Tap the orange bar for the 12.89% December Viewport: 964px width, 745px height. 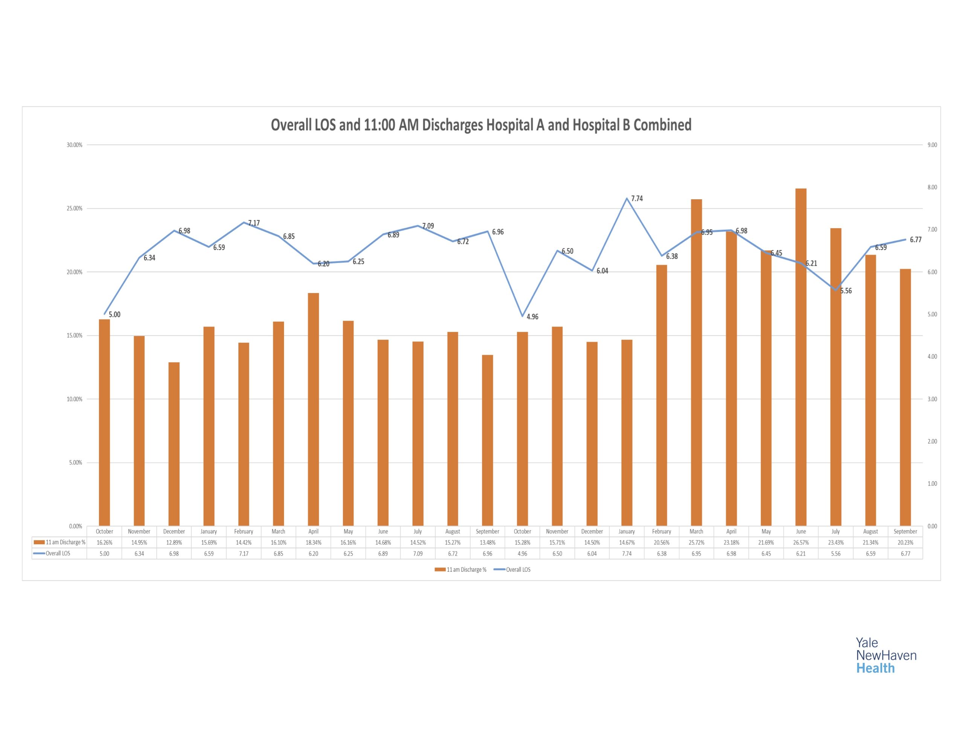[x=174, y=443]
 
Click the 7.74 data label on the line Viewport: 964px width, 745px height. [x=637, y=199]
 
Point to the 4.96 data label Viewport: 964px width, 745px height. [x=532, y=317]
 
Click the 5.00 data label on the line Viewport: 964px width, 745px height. [x=114, y=314]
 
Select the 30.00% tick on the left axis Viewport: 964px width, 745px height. [x=75, y=145]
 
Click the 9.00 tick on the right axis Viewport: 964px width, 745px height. [x=932, y=145]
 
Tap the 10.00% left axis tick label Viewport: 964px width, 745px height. [x=75, y=399]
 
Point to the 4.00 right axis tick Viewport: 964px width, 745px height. [x=932, y=356]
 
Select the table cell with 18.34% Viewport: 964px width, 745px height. [x=313, y=542]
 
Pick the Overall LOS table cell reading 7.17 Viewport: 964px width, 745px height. [x=244, y=553]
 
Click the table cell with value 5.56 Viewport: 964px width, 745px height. [x=836, y=553]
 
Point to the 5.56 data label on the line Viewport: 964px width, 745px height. [x=846, y=291]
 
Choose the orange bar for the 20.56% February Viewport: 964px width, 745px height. [x=661, y=395]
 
